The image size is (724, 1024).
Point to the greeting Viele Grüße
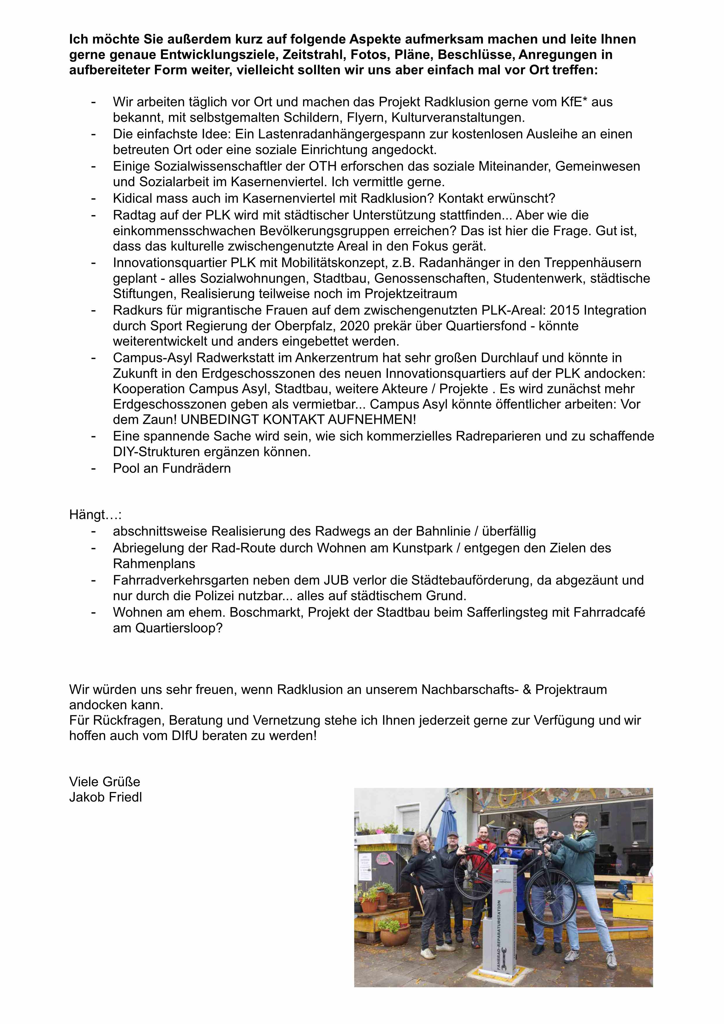click(x=105, y=781)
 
